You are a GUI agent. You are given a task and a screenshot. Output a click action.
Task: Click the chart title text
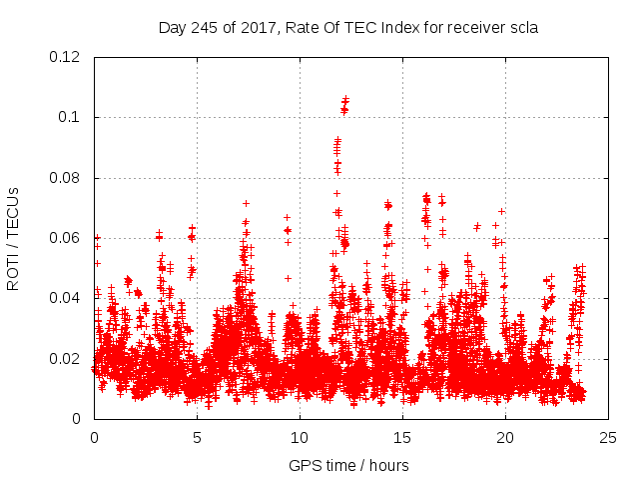[x=348, y=28]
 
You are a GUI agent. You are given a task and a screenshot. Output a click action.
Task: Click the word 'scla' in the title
[x=522, y=28]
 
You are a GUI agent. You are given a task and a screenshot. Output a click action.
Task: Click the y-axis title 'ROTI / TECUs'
[x=13, y=238]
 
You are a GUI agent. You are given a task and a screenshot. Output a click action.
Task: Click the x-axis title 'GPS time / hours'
[x=348, y=465]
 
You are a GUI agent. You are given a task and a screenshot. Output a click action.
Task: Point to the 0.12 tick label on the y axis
[x=66, y=57]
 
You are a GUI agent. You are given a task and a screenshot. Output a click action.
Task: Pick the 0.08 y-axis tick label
[x=66, y=178]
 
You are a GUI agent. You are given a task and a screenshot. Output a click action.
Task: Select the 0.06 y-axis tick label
[x=66, y=238]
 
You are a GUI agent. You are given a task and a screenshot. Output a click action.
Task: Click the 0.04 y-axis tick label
[x=66, y=298]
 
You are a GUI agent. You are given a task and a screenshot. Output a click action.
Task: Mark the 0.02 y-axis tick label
[x=66, y=359]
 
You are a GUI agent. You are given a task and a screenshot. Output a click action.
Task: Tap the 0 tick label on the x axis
[x=94, y=438]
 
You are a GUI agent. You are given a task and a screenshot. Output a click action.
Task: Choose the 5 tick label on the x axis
[x=197, y=438]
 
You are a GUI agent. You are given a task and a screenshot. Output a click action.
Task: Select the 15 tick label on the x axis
[x=402, y=438]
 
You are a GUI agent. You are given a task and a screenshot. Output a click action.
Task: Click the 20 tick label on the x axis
[x=505, y=438]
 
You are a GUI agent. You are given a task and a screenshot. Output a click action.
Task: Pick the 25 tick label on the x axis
[x=608, y=438]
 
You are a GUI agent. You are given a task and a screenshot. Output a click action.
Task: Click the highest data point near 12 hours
[x=346, y=98]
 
